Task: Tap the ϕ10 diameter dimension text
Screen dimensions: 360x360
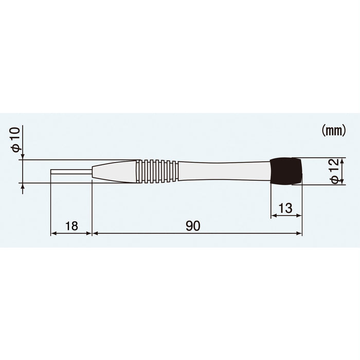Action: [x=16, y=140]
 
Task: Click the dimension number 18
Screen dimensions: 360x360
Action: [x=71, y=225]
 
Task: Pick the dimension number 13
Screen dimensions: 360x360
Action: [x=286, y=208]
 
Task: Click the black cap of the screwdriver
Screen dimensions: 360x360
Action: [x=286, y=171]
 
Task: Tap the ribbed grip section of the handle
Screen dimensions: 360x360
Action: [x=157, y=171]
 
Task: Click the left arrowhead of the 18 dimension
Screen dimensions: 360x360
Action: [x=52, y=233]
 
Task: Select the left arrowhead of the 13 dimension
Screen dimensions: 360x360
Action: [x=273, y=217]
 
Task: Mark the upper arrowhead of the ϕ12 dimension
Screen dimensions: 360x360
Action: [x=342, y=160]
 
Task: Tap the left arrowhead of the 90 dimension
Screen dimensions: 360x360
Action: [x=94, y=233]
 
